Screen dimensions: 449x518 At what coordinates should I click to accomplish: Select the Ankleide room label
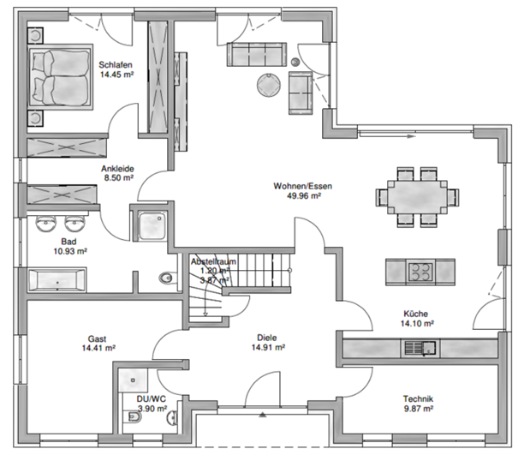pos(116,169)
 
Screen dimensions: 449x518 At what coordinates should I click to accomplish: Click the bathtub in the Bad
pos(57,279)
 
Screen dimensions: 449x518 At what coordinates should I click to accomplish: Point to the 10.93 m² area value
pos(70,252)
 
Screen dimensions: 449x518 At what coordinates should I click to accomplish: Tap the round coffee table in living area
pos(267,84)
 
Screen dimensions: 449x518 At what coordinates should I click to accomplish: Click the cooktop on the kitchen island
pos(420,272)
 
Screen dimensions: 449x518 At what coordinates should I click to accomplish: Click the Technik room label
pos(420,399)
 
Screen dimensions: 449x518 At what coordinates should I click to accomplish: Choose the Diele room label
pos(268,338)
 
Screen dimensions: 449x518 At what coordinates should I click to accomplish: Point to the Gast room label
pos(98,338)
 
